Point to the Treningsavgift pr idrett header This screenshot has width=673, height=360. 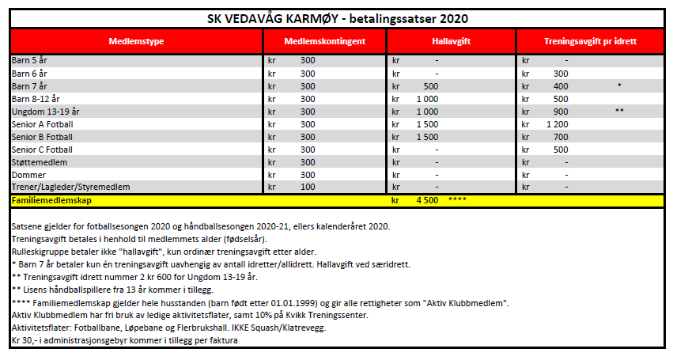[x=590, y=41]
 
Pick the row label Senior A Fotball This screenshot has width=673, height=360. [x=43, y=124]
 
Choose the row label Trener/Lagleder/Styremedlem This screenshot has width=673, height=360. [x=70, y=187]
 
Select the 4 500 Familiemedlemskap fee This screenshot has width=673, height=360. [x=427, y=201]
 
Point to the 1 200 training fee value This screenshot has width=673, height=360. [x=557, y=124]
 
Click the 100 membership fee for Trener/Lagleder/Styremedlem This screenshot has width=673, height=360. [x=308, y=187]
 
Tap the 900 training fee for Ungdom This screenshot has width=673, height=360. [x=561, y=112]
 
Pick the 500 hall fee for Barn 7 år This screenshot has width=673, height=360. [x=431, y=86]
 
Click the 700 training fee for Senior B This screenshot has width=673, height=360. [x=561, y=137]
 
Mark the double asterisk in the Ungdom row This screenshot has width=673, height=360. [x=620, y=112]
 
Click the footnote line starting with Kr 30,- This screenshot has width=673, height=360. [x=124, y=341]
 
